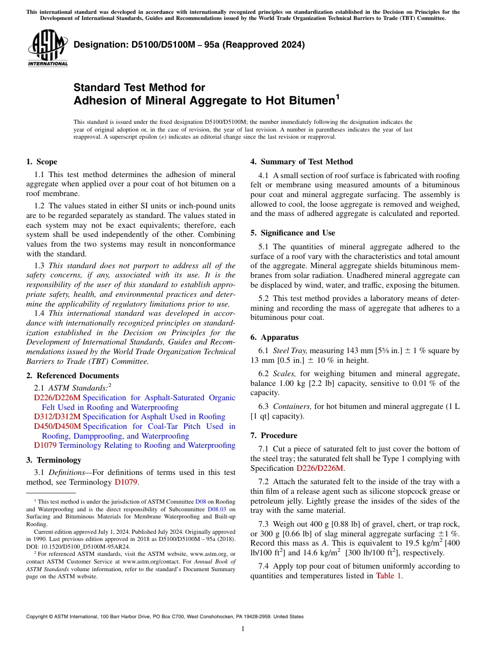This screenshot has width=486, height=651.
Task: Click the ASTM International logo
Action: [x=48, y=48]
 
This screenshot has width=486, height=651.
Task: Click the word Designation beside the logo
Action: [x=97, y=45]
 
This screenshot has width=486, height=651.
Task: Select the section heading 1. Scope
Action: [x=41, y=162]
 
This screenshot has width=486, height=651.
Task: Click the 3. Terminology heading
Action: [x=53, y=460]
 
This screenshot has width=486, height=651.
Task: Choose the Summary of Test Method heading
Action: [x=301, y=162]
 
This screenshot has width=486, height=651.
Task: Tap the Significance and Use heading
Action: [x=293, y=233]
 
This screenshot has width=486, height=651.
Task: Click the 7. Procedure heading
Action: [x=274, y=436]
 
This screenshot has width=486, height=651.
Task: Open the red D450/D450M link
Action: [x=57, y=426]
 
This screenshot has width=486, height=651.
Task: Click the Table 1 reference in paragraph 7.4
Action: [x=389, y=576]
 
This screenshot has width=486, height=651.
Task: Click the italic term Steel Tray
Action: [x=290, y=351]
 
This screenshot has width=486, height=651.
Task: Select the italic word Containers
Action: [x=292, y=406]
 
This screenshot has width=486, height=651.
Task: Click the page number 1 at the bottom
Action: [x=243, y=628]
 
